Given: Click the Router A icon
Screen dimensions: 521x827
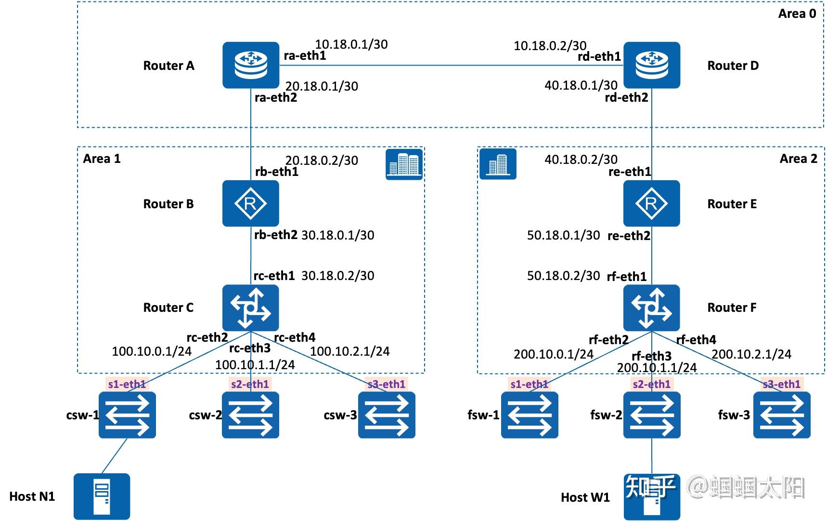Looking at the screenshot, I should click(250, 65).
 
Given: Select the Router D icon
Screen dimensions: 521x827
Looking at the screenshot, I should click(651, 65).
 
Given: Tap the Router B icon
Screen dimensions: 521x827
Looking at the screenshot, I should click(250, 203).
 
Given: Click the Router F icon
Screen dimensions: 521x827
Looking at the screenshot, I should click(651, 307).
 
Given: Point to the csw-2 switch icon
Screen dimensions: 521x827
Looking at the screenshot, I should click(250, 414).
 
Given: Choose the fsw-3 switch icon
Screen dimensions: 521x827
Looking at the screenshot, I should click(781, 414).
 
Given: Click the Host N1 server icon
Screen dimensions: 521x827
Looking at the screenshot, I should click(102, 496).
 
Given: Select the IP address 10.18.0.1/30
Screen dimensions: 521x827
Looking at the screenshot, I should click(351, 44).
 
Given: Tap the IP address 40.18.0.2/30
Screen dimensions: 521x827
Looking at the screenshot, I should click(581, 160).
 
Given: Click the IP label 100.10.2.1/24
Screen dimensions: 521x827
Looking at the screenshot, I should click(349, 351).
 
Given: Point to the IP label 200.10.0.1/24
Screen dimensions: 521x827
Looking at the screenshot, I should click(553, 354).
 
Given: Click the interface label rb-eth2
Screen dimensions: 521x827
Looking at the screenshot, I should click(275, 235).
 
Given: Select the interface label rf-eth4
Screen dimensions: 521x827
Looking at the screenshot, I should click(696, 340).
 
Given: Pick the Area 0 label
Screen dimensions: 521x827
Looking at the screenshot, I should click(797, 13).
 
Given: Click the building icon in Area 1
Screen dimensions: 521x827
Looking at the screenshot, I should click(404, 164).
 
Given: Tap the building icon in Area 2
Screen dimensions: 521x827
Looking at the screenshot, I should click(498, 164).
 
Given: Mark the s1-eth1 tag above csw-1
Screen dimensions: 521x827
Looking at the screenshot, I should click(127, 384).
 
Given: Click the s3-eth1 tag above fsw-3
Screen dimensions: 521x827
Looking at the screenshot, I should click(781, 384).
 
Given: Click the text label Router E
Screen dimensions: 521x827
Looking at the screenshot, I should click(732, 204).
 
